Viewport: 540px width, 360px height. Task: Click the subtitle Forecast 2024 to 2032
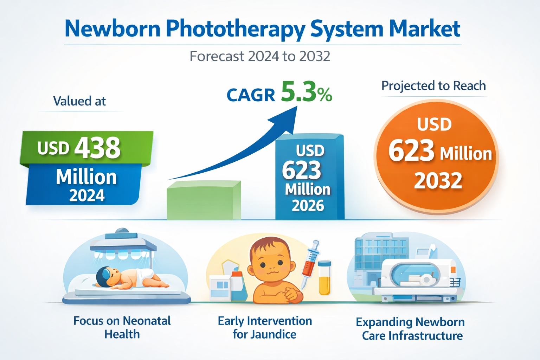[260, 56]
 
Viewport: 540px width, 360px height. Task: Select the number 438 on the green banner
[97, 148]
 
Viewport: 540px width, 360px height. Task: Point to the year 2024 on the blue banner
[87, 195]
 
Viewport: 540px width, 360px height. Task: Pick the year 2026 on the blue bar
[308, 206]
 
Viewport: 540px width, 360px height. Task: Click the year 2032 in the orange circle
[438, 181]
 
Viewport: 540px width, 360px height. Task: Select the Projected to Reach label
[433, 86]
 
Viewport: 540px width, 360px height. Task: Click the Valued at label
[79, 101]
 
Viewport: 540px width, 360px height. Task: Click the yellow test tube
[324, 278]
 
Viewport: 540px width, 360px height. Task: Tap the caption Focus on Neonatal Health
[122, 327]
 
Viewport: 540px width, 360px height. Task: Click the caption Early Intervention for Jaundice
[265, 327]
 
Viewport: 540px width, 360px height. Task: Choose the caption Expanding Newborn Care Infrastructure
[411, 329]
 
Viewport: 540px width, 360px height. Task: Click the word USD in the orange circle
[435, 125]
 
